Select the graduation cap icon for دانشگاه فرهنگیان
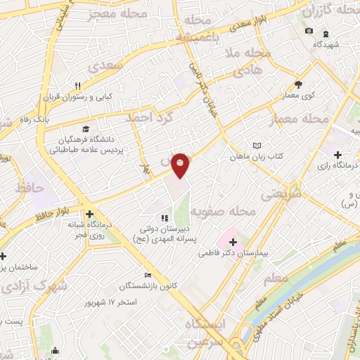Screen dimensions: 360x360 86,129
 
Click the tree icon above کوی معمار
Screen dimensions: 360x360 298,84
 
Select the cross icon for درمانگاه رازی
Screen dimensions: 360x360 337,154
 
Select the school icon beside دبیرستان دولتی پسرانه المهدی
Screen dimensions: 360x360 164,218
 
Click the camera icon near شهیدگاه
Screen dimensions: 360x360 309,32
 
